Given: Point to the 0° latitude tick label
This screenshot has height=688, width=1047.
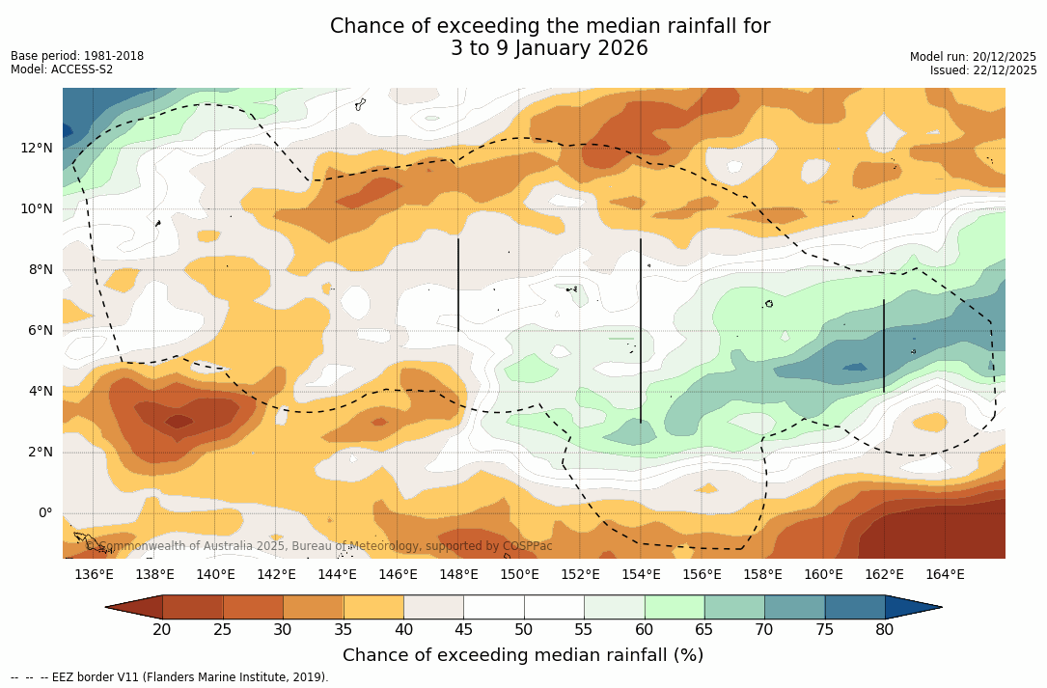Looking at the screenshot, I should pos(43,512).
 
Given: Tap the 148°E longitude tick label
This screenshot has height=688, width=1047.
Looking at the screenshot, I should pos(458,575).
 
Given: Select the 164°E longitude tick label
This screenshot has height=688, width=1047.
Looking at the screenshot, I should pos(945,575).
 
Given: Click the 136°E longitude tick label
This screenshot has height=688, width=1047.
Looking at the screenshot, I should pos(94,575).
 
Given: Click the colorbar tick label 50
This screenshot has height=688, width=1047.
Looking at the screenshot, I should pos(524,630).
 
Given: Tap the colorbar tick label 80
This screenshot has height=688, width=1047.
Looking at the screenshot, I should pos(885,630).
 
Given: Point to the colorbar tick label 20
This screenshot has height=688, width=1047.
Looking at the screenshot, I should pos(162,630).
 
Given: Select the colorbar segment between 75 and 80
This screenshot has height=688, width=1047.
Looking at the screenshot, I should pos(855,607).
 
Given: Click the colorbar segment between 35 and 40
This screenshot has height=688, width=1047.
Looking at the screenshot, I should pos(373,607).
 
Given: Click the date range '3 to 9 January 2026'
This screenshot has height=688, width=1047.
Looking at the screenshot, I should pos(549,48).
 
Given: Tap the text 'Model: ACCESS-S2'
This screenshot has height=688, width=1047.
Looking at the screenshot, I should pos(62,69).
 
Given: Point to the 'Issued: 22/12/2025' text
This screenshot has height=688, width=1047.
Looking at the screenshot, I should pos(983,70).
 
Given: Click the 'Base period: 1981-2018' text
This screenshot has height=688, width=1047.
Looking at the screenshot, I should pos(77,56).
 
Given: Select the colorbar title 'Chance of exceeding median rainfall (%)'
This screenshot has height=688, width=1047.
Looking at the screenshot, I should pos(523,655).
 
